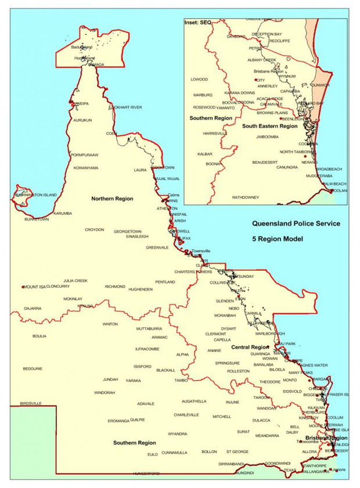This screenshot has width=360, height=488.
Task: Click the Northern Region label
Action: click(x=112, y=199)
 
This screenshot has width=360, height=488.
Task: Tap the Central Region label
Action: click(x=249, y=347)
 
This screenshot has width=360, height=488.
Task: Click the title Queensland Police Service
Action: click(x=292, y=223)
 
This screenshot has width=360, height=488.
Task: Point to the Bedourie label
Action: click(x=33, y=368)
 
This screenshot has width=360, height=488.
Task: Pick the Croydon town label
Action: click(x=94, y=229)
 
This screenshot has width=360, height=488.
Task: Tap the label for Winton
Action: click(x=110, y=324)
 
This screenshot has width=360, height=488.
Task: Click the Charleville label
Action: click(x=186, y=415)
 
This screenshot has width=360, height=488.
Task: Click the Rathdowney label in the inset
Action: click(x=246, y=198)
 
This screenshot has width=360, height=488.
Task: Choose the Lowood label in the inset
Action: click(x=199, y=79)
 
